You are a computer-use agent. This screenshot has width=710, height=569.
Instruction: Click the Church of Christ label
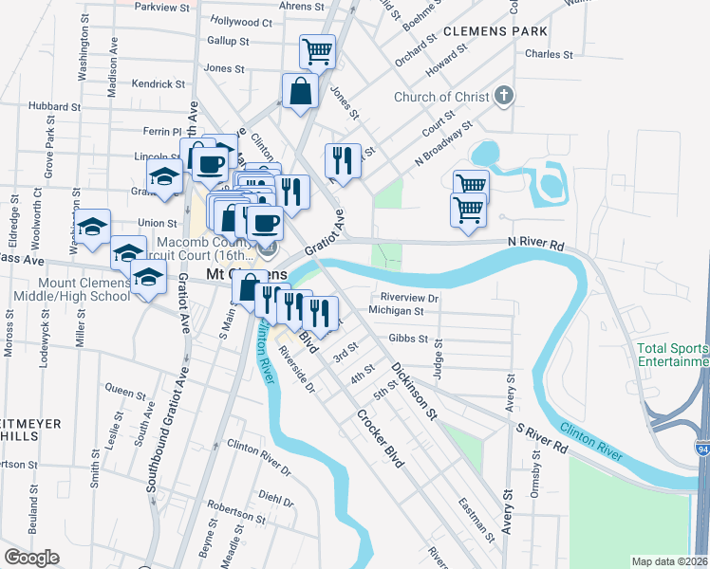pos(442,97)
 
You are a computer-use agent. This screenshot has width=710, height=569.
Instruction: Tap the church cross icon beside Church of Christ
pos(503,97)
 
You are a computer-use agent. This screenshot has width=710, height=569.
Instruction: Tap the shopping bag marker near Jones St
pos(300,92)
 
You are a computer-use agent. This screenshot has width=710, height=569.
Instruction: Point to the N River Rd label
pos(536,246)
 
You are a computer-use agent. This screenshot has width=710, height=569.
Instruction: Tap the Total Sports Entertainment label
pos(673,356)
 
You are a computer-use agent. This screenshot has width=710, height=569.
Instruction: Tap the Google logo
pos(31,558)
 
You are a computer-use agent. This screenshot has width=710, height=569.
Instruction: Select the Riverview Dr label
pos(408,297)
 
